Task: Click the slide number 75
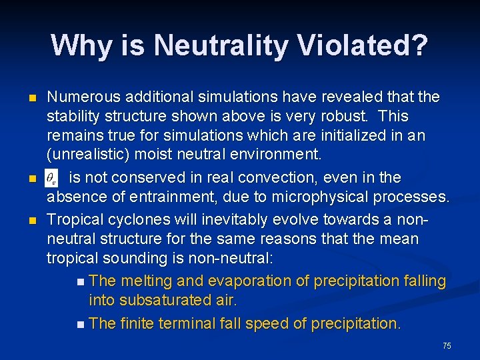click(x=447, y=345)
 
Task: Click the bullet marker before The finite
click(x=80, y=325)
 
